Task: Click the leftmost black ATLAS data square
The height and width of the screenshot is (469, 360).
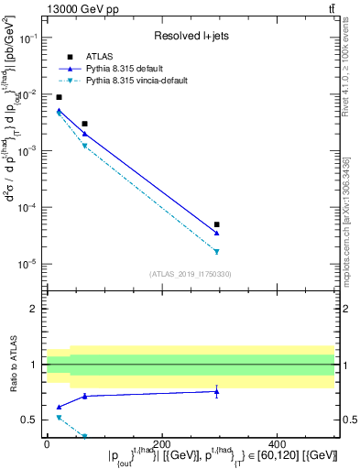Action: tap(59, 97)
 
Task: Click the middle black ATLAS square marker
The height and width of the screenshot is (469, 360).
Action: tap(84, 124)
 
